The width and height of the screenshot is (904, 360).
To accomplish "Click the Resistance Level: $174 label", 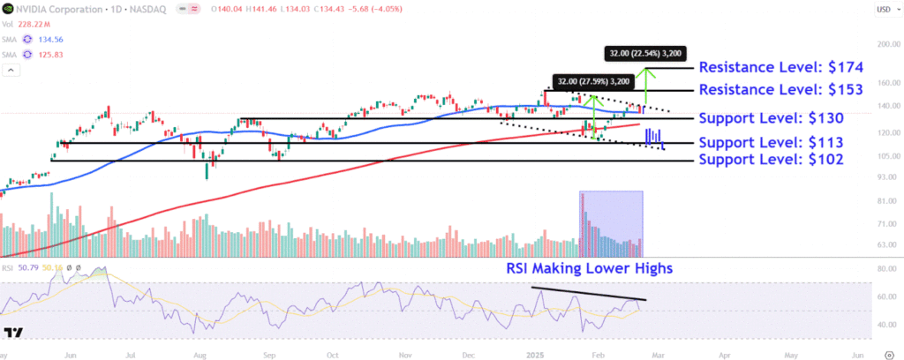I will pyautogui.click(x=780, y=67).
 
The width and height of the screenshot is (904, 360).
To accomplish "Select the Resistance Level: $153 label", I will pyautogui.click(x=780, y=90).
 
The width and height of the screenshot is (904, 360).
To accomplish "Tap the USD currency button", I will pyautogui.click(x=882, y=10).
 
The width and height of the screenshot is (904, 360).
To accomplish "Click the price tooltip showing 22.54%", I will pyautogui.click(x=645, y=53).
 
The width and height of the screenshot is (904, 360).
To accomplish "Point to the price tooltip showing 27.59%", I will pyautogui.click(x=592, y=81).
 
